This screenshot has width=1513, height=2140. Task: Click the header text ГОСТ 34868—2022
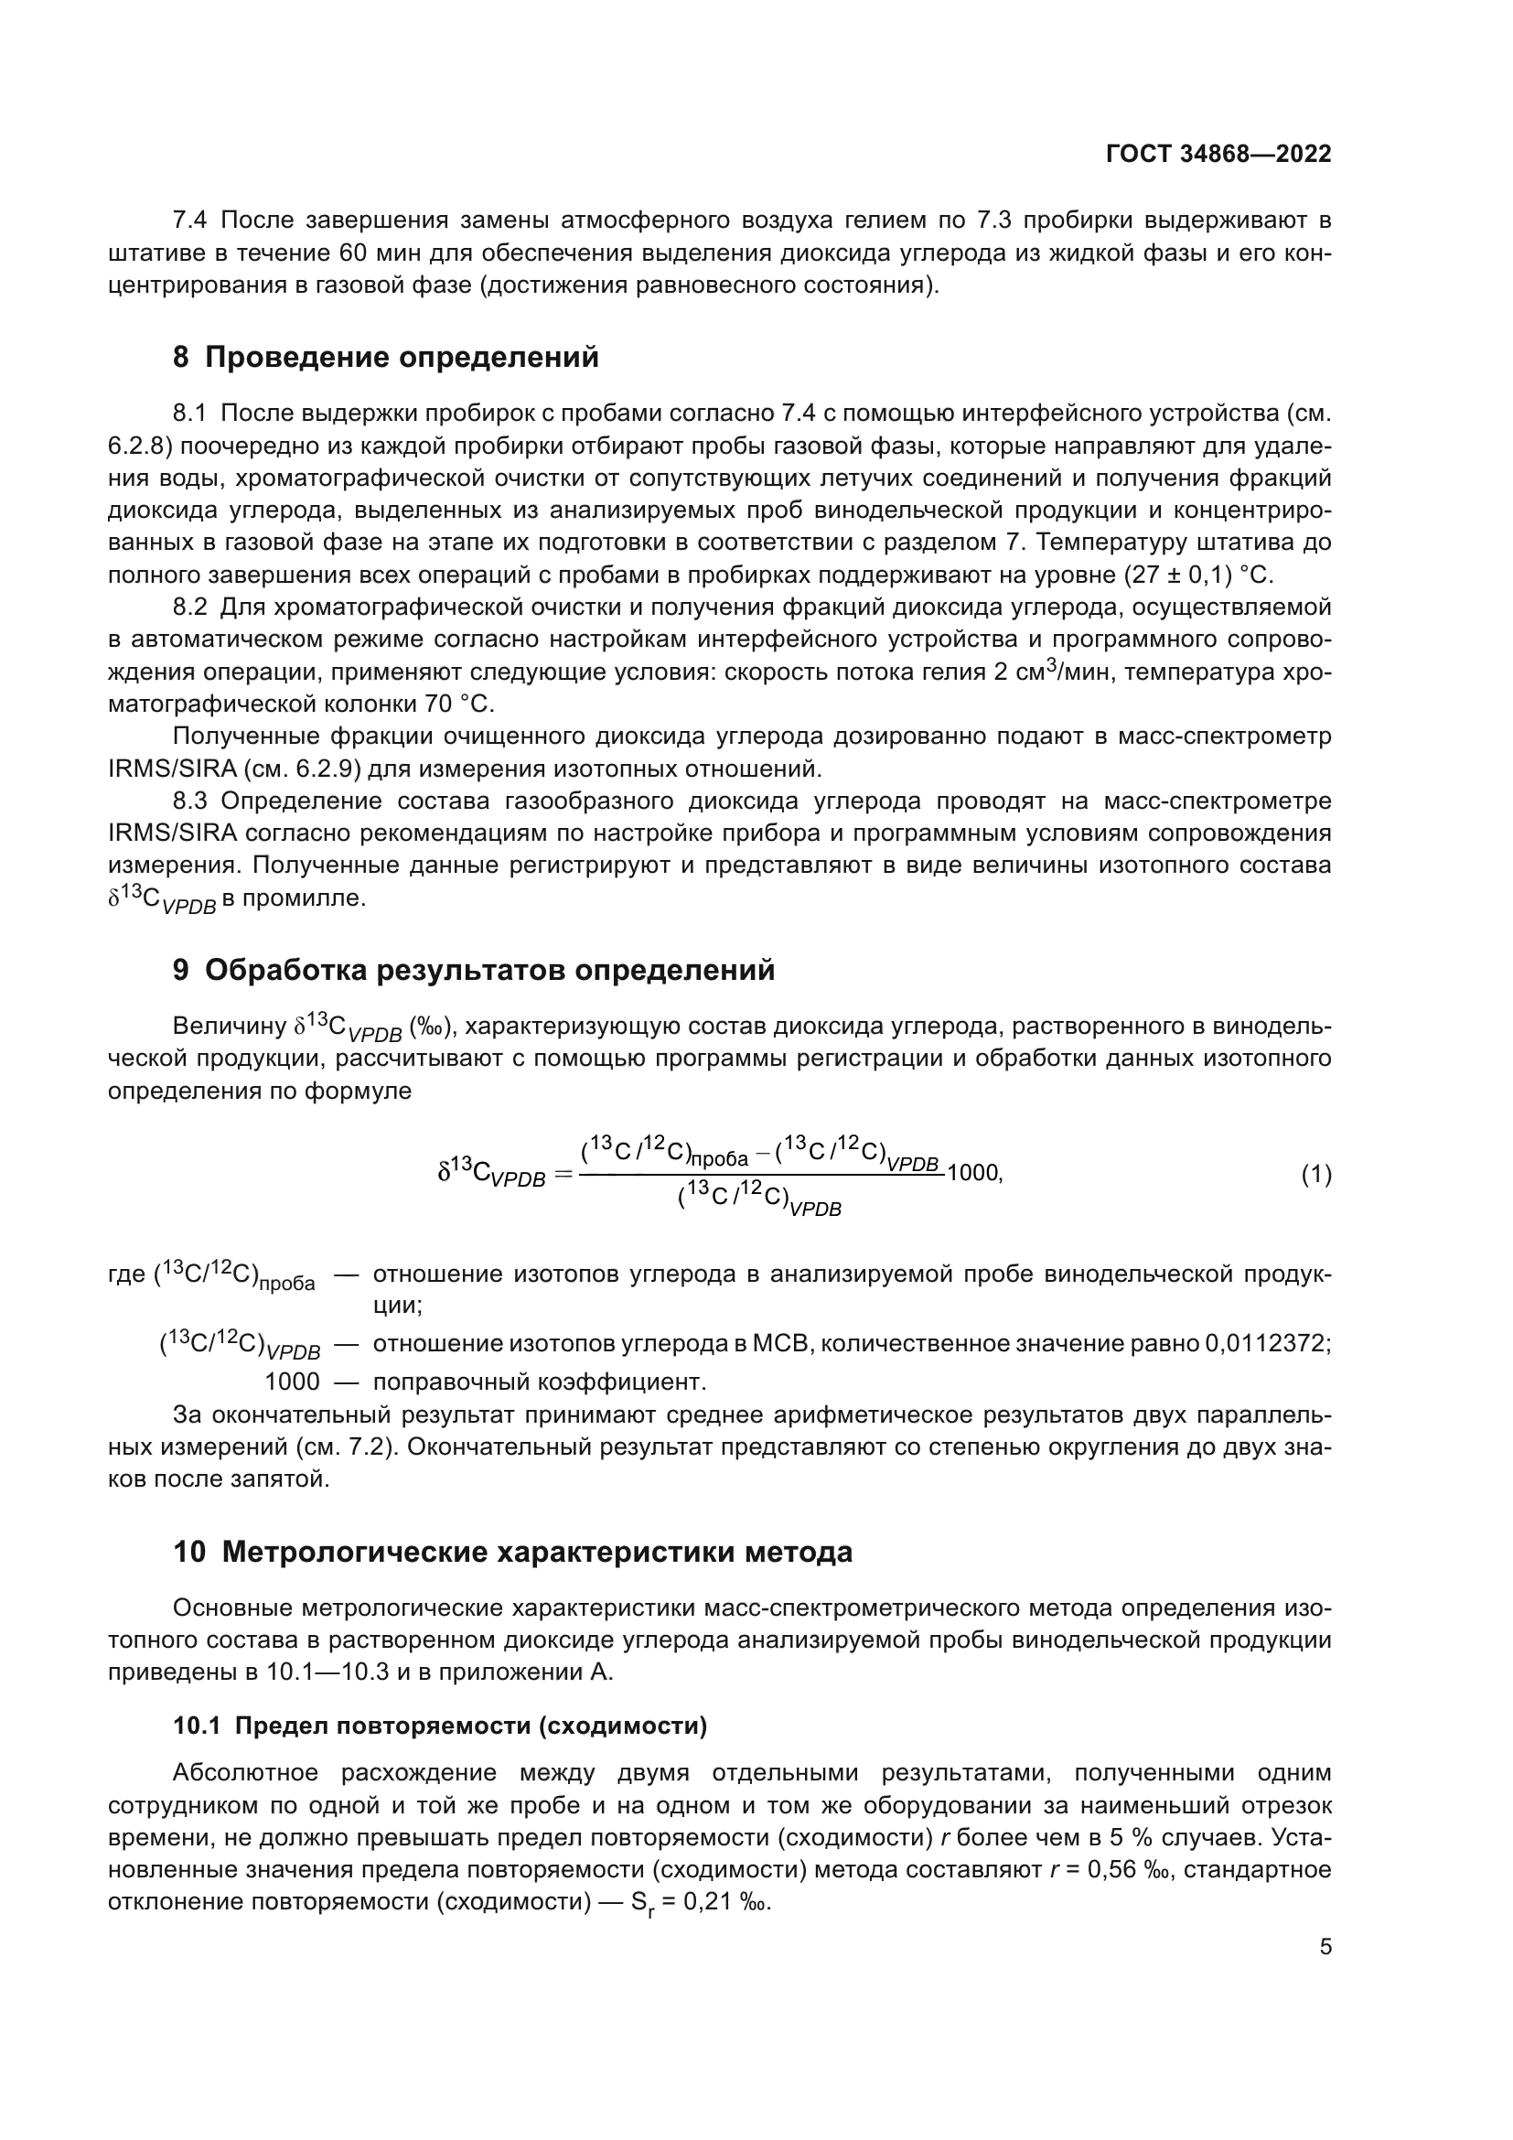tap(1218, 154)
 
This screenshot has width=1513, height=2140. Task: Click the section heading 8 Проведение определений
tap(386, 357)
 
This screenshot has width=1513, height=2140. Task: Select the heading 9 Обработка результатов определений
tap(474, 970)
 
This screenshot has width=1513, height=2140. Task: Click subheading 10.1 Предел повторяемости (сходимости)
tap(440, 1726)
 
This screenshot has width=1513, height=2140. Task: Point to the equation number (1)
tap(1315, 1176)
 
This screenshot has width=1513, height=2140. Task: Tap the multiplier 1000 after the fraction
tap(971, 1174)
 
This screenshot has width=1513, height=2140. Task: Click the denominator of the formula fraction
tap(759, 1199)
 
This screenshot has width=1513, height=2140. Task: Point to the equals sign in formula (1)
tap(562, 1176)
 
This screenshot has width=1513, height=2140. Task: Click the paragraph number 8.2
tap(190, 608)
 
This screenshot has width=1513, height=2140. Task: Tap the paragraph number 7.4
tap(190, 220)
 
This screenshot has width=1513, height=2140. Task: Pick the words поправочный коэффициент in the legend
tap(540, 1381)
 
